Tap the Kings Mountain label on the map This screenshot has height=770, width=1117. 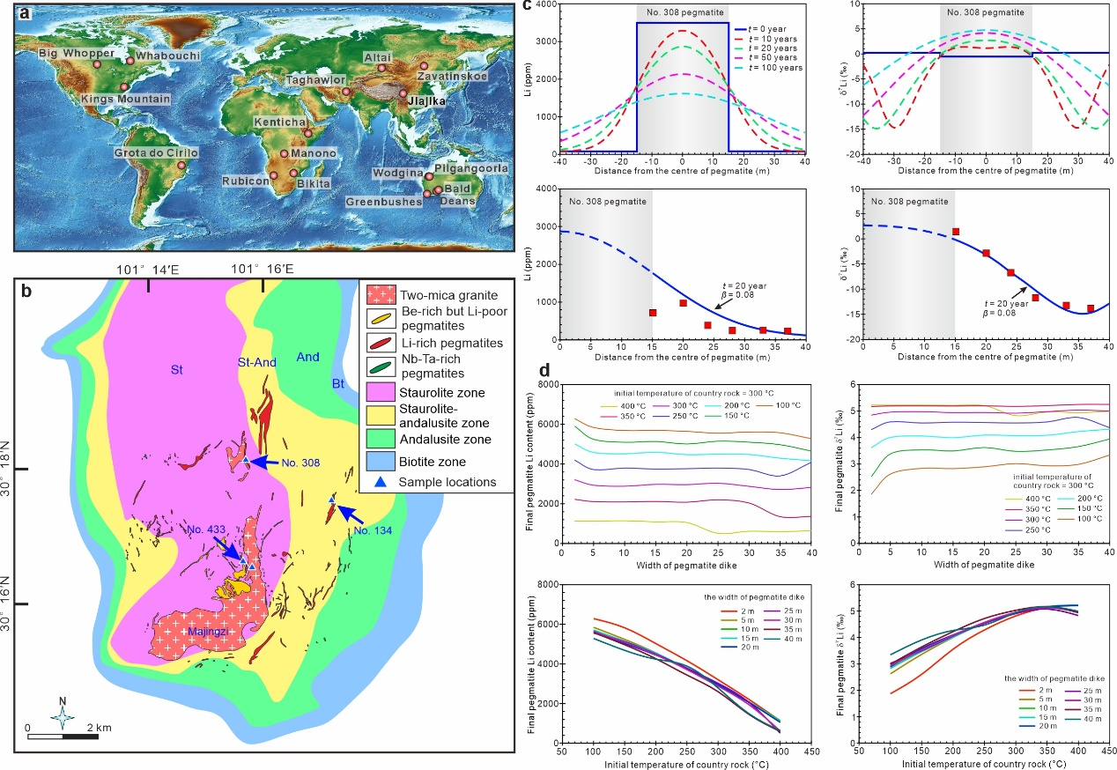point(125,100)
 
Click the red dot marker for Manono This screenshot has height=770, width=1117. point(285,154)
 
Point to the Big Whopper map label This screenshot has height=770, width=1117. point(77,54)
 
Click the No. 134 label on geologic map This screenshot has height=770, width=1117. point(370,529)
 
